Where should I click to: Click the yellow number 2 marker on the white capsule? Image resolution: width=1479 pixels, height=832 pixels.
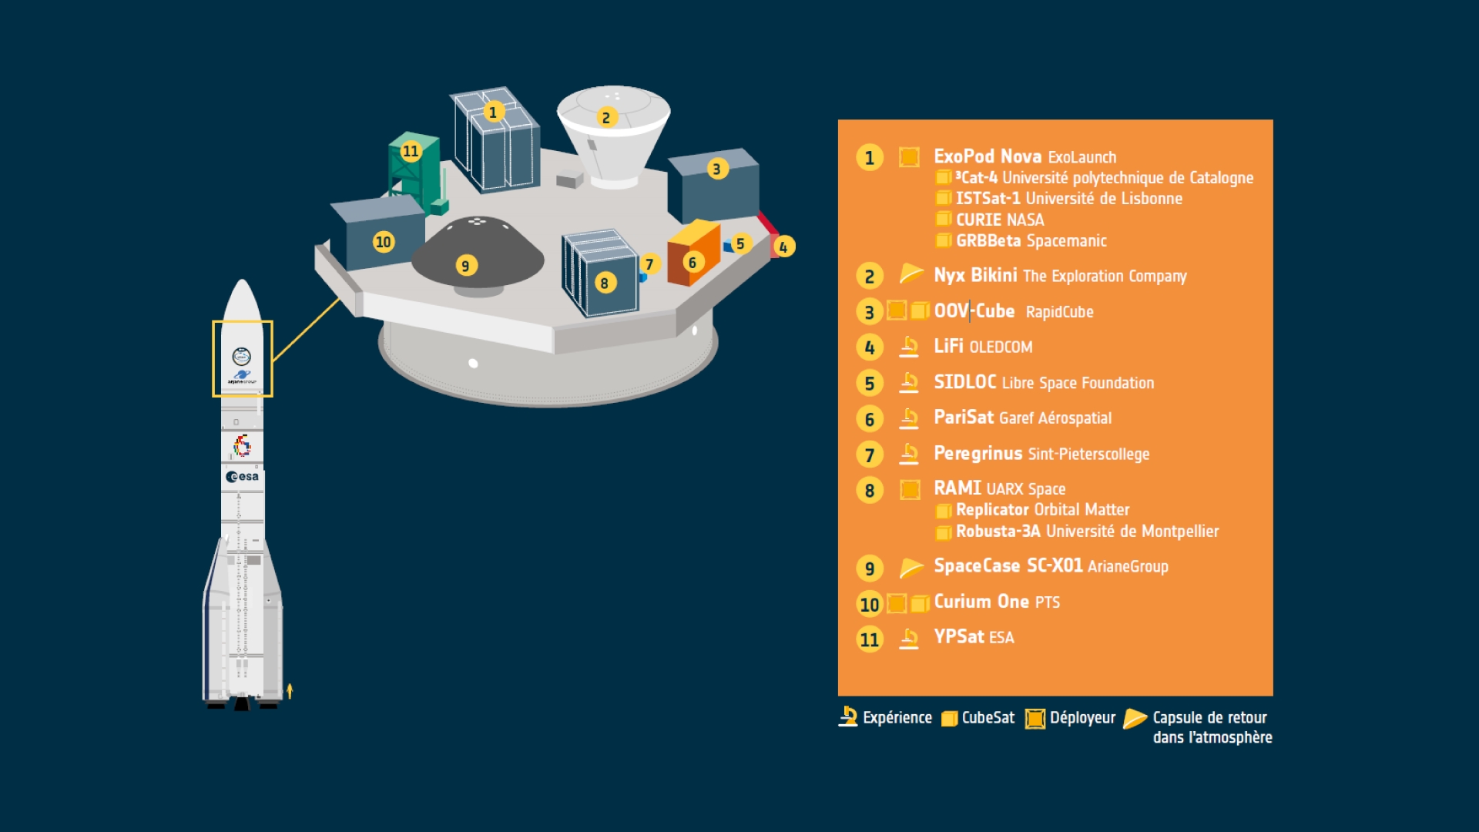tap(606, 117)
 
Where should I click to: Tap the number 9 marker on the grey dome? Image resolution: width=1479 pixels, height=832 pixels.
tap(464, 266)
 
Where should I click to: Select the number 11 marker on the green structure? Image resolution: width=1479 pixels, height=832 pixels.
tap(411, 151)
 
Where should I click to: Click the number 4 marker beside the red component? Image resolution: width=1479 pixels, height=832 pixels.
tap(783, 247)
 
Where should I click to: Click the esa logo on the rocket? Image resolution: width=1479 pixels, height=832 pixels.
tap(243, 477)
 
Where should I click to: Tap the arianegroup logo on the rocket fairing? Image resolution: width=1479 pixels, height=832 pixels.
tap(242, 377)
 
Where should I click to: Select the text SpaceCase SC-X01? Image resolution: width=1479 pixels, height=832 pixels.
tap(1008, 565)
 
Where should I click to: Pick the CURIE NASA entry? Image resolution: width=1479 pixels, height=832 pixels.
tap(999, 220)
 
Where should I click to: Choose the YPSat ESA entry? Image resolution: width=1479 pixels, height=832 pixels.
tap(974, 637)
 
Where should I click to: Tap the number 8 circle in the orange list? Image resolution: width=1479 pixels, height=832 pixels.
tap(870, 490)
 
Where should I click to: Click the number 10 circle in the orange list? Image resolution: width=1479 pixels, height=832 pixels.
tap(870, 604)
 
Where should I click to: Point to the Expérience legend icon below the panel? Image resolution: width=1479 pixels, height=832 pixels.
tap(848, 716)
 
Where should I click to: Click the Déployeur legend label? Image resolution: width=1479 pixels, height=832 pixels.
tap(1082, 718)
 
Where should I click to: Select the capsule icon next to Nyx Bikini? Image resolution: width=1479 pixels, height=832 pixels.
tap(911, 273)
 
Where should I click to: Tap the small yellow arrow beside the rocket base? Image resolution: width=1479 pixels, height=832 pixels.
tap(290, 690)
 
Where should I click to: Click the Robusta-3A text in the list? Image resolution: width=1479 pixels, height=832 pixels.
tap(998, 532)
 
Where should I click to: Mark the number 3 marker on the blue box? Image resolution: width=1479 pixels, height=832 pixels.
tap(717, 169)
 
